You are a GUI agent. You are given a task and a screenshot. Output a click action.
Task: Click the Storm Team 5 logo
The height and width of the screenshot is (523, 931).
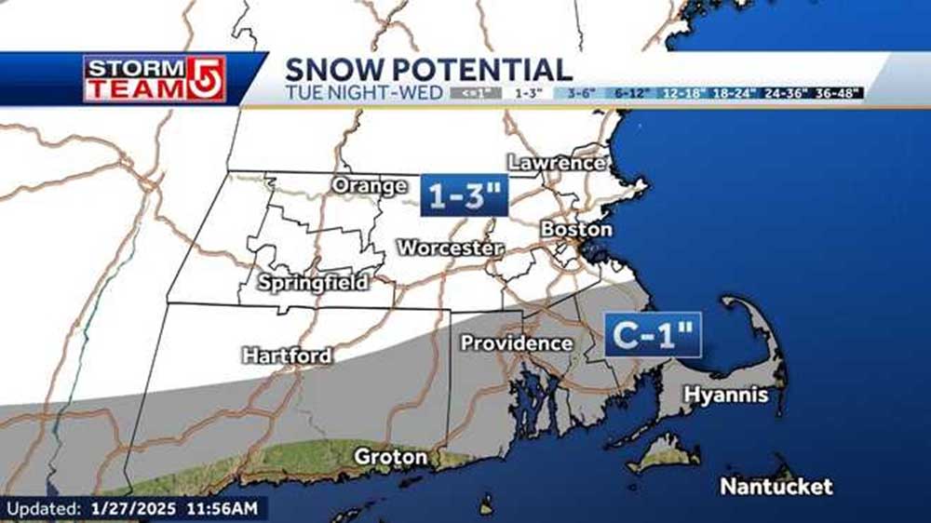[155, 79]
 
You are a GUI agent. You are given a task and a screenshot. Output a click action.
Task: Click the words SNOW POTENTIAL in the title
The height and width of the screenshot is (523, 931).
[428, 70]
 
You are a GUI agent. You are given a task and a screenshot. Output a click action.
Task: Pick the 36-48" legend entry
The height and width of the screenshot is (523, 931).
[839, 93]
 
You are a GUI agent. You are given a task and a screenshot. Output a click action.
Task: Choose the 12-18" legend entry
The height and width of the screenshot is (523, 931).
[682, 93]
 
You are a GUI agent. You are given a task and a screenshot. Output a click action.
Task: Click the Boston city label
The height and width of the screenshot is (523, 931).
[576, 229]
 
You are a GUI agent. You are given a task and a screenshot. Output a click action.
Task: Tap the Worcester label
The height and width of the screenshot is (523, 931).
[451, 248]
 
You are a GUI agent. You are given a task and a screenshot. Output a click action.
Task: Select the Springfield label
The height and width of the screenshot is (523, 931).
[313, 282]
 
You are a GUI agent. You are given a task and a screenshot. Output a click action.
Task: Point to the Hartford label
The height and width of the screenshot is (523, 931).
[287, 355]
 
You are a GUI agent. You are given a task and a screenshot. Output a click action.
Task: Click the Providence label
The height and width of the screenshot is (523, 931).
[517, 343]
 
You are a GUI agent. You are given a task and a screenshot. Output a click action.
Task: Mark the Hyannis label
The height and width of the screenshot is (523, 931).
[726, 395]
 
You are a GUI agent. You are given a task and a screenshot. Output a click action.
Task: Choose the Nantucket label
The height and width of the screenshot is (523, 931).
[776, 487]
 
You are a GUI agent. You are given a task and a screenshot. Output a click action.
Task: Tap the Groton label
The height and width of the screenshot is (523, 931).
[390, 457]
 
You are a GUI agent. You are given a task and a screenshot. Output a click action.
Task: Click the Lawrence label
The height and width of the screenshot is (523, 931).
[557, 163]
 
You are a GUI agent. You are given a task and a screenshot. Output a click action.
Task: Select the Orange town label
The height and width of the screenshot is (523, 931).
[370, 186]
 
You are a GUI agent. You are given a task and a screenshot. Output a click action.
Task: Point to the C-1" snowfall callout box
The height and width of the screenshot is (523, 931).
[653, 335]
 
